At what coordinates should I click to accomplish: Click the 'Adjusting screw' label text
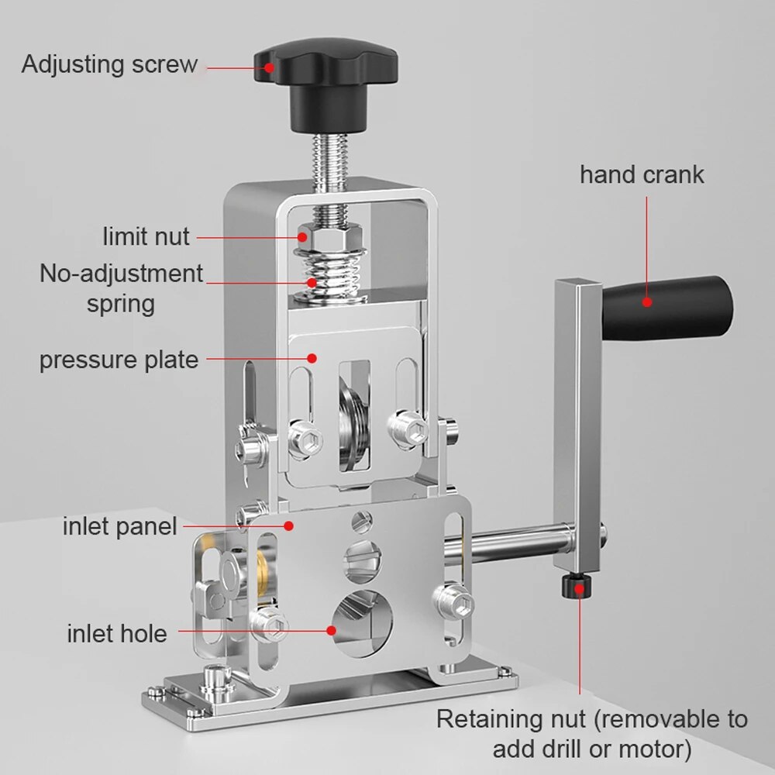[109, 64]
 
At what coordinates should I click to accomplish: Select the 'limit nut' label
[146, 236]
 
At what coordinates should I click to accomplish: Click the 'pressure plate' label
[119, 360]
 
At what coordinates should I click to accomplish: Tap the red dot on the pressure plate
[312, 358]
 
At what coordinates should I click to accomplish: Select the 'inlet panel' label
[120, 527]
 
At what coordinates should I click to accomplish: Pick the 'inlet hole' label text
[116, 633]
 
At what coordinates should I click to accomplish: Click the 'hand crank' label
[642, 174]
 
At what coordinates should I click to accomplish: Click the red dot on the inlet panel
[288, 525]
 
